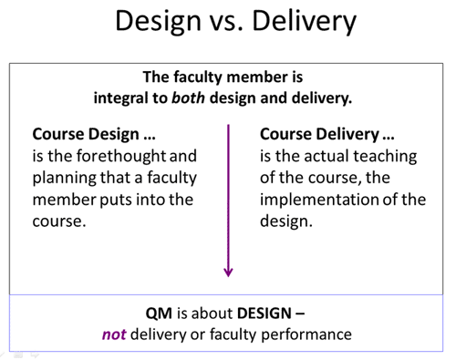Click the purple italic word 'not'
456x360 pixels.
pyautogui.click(x=114, y=335)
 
